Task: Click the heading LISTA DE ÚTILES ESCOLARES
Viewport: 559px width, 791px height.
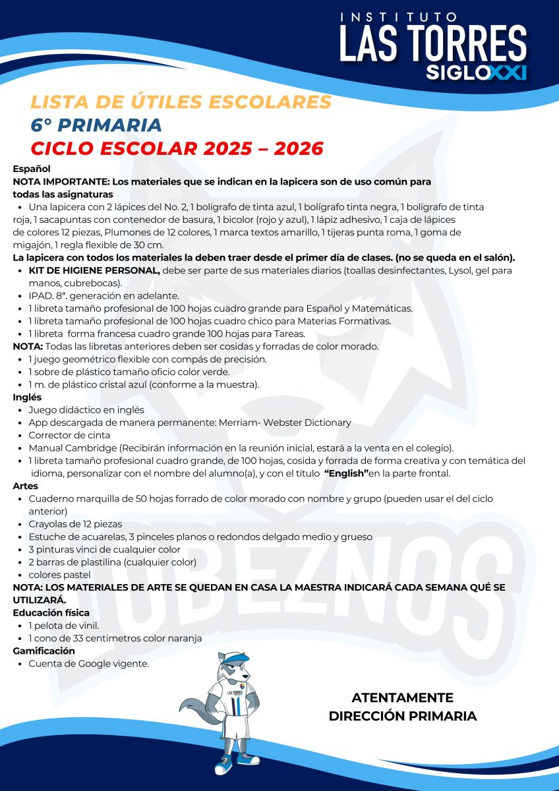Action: click(181, 102)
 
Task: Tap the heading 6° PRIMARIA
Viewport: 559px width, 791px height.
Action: click(96, 125)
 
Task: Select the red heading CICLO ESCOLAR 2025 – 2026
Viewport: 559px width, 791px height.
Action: click(177, 148)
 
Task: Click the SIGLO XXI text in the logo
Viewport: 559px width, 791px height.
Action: click(476, 72)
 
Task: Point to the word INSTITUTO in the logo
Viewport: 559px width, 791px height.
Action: click(399, 17)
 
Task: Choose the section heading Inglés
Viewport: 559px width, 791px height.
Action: click(28, 397)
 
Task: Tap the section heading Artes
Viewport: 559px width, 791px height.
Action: click(26, 486)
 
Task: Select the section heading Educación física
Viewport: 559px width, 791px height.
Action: click(51, 612)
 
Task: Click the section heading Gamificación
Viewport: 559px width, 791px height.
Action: click(44, 651)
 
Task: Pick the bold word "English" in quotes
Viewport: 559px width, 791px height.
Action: click(346, 473)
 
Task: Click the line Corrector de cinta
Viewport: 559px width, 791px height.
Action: click(69, 435)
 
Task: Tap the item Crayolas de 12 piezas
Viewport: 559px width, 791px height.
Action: click(75, 524)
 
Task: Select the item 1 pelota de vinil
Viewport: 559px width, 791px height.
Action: click(63, 625)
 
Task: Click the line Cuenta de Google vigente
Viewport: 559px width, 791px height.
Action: click(88, 664)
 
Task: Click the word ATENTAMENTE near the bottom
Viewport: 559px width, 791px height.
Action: click(402, 697)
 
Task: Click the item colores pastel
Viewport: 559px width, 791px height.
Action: click(59, 575)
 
